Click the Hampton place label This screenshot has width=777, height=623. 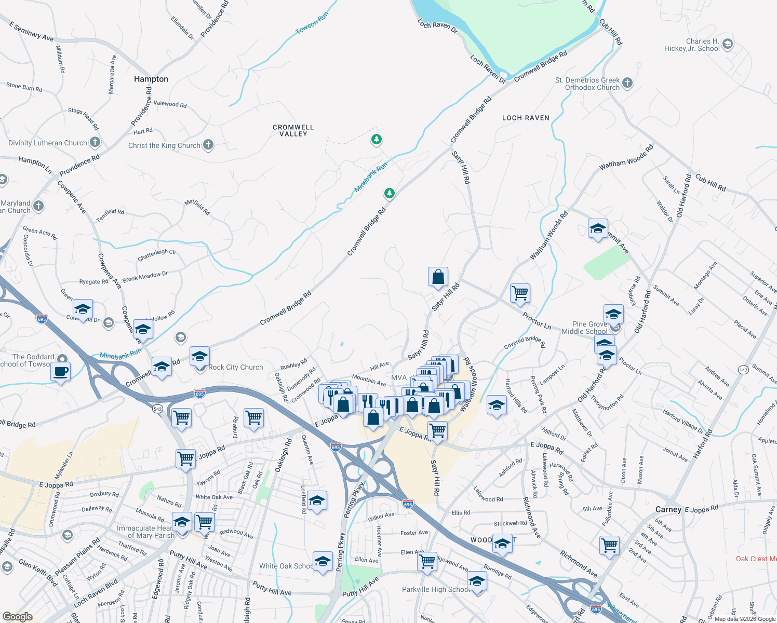(x=151, y=79)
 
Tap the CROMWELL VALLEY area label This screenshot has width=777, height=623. (x=293, y=130)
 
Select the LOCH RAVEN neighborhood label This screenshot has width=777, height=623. (x=526, y=118)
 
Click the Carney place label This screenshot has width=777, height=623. (x=668, y=509)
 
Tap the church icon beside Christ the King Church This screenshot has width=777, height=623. (x=208, y=145)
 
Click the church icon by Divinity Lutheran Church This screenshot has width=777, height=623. (x=95, y=142)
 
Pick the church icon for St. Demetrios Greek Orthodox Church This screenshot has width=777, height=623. (x=627, y=83)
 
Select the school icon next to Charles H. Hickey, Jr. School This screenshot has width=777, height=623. (x=728, y=44)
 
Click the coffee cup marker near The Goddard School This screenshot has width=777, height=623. (x=61, y=371)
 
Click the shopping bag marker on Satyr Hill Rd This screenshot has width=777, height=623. (x=438, y=277)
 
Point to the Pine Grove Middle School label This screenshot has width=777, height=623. (x=584, y=328)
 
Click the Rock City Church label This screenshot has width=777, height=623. (x=236, y=367)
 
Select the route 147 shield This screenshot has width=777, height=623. (x=743, y=370)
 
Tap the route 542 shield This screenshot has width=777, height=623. (x=158, y=409)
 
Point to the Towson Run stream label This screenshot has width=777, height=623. (x=312, y=24)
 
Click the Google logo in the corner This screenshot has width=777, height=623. (x=17, y=617)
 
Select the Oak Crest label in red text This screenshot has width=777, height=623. (x=756, y=559)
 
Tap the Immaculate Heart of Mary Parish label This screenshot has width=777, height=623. (x=145, y=532)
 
